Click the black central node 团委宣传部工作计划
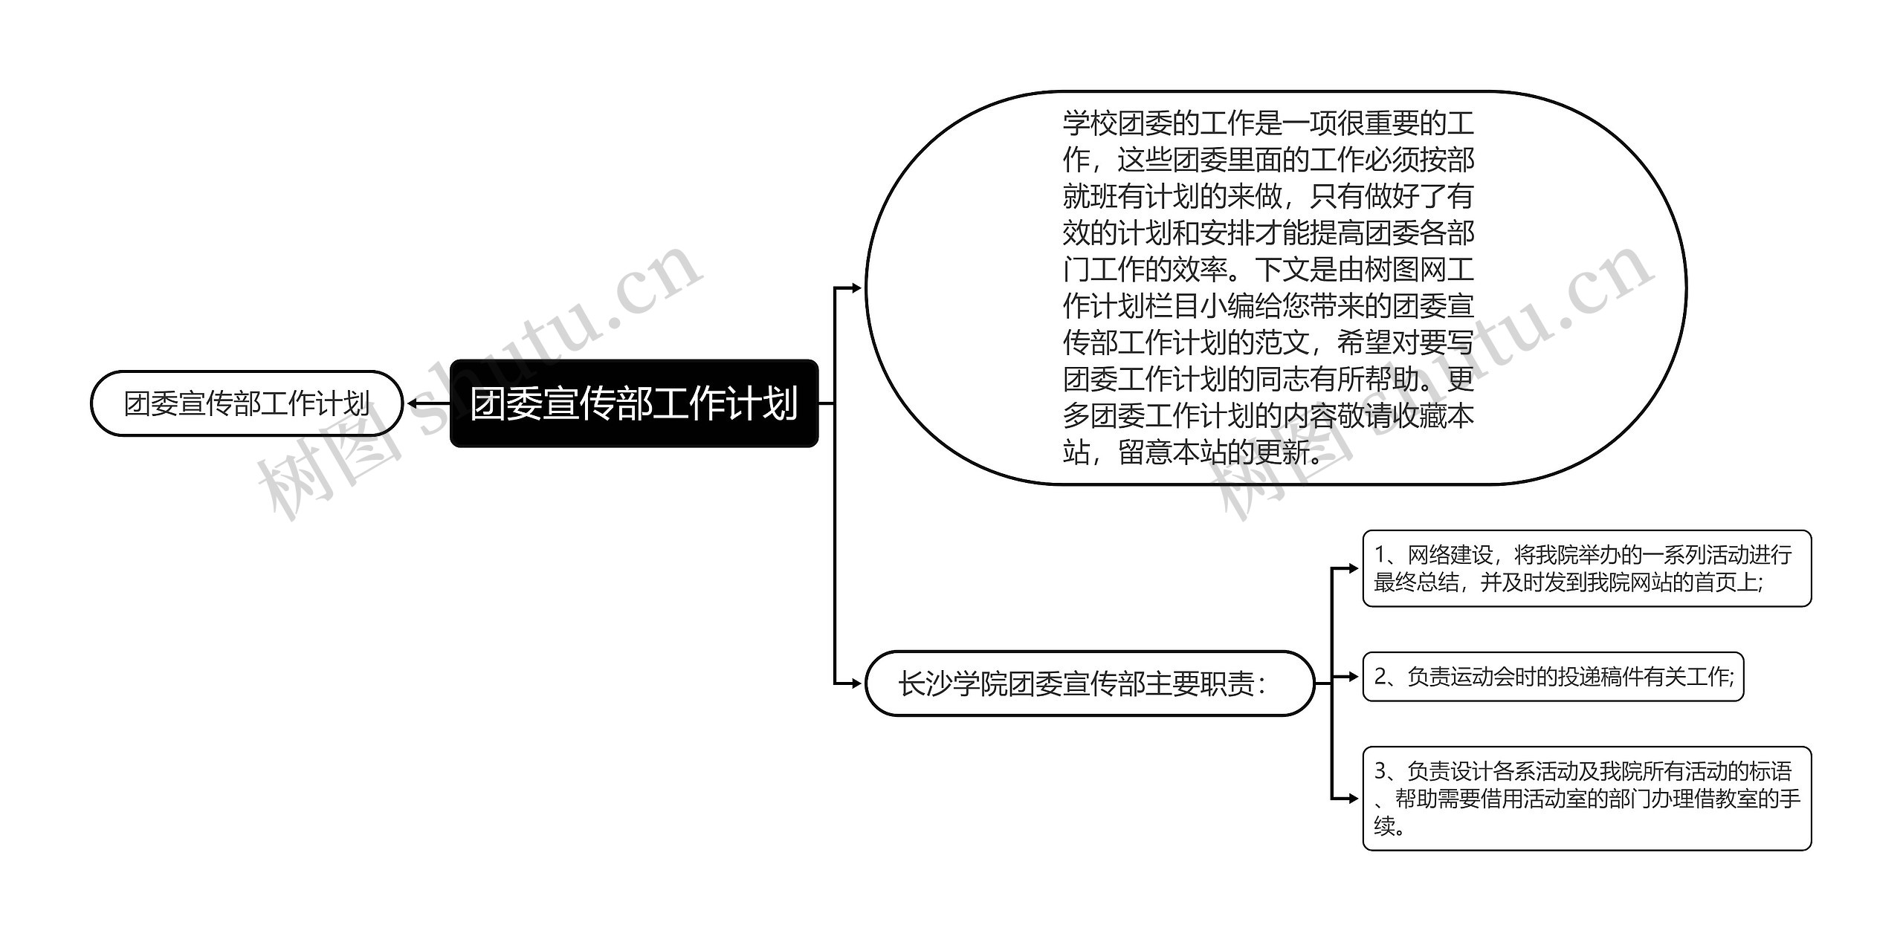pyautogui.click(x=634, y=403)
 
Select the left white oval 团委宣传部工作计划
pyautogui.click(x=246, y=403)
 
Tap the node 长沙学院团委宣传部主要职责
pyautogui.click(x=1089, y=683)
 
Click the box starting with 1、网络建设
pyautogui.click(x=1586, y=568)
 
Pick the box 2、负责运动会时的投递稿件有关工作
pyautogui.click(x=1552, y=677)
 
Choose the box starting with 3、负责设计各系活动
pyautogui.click(x=1586, y=799)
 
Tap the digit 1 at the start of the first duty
pyautogui.click(x=1380, y=554)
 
